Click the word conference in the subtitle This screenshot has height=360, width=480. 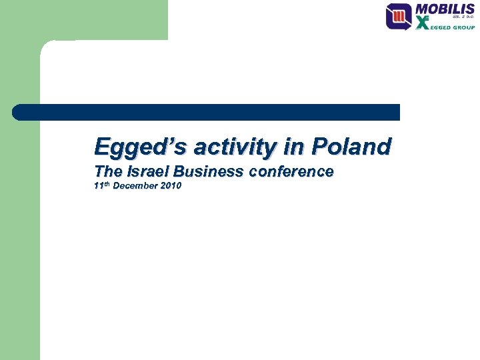coord(291,171)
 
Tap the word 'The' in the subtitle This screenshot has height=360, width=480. coord(105,171)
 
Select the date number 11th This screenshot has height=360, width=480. coord(101,185)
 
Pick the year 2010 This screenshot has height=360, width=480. coord(170,186)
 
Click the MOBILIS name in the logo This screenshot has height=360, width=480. coord(445,10)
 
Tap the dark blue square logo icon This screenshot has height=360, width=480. coord(399,16)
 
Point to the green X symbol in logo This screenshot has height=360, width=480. coord(423,24)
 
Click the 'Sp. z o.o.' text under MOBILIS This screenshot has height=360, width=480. coord(464,19)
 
